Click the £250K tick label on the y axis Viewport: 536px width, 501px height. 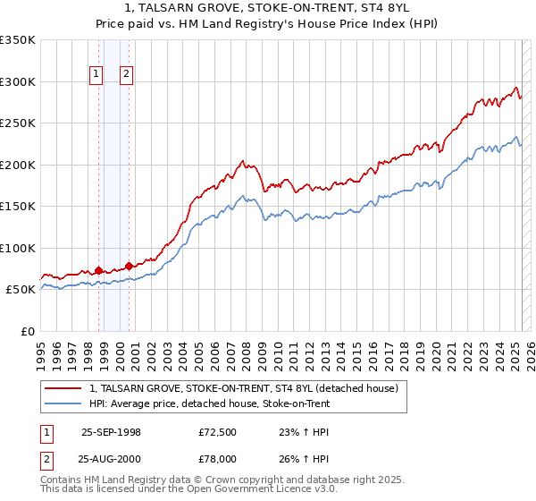pos(18,123)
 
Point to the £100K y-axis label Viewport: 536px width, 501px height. pos(18,248)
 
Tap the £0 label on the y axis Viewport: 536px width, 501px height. pos(28,331)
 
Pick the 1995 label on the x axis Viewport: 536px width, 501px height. pos(41,348)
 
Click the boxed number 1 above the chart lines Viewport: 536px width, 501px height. pos(96,75)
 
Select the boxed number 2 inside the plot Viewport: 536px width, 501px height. pos(127,75)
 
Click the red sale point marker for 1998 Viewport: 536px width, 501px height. pos(98,270)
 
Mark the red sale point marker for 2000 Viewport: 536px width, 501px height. pos(130,266)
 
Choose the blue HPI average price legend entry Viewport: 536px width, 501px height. pos(210,403)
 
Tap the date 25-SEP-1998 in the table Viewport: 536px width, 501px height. pos(111,431)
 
